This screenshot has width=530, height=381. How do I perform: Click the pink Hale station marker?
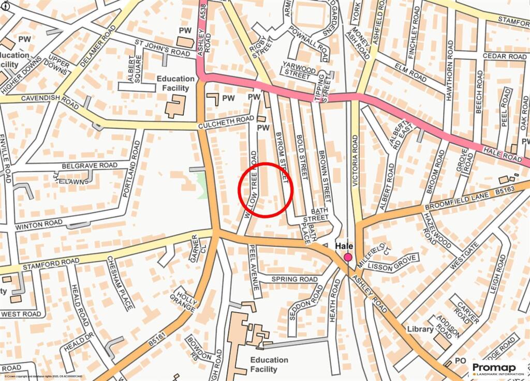coord(348,257)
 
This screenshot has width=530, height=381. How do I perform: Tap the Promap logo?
coord(495,369)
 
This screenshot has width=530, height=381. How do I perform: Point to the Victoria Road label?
coord(355,160)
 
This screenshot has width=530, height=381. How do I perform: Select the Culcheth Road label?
coord(226,123)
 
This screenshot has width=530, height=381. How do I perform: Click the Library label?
coord(420,329)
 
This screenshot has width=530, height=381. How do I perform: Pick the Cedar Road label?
coord(504,56)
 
